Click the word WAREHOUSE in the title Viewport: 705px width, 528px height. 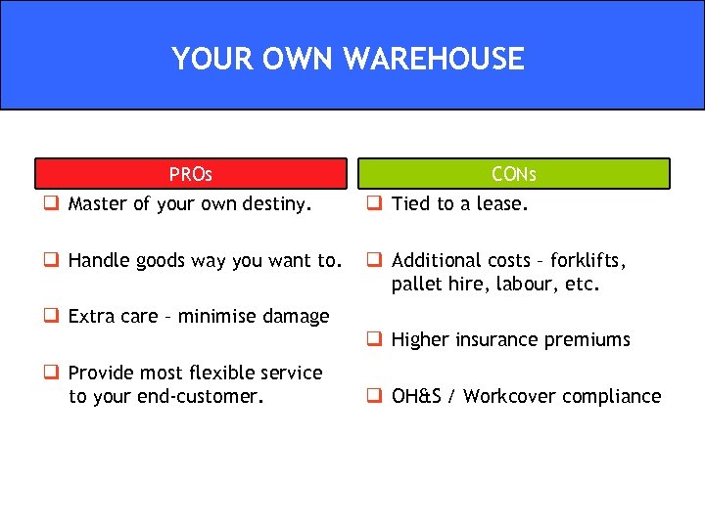(434, 59)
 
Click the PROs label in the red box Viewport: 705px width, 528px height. (190, 174)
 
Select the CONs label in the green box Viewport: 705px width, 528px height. (513, 174)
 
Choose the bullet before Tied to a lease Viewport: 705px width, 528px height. (373, 204)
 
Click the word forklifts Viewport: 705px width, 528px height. (587, 260)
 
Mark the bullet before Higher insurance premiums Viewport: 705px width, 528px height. (373, 340)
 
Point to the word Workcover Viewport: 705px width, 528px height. (507, 396)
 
